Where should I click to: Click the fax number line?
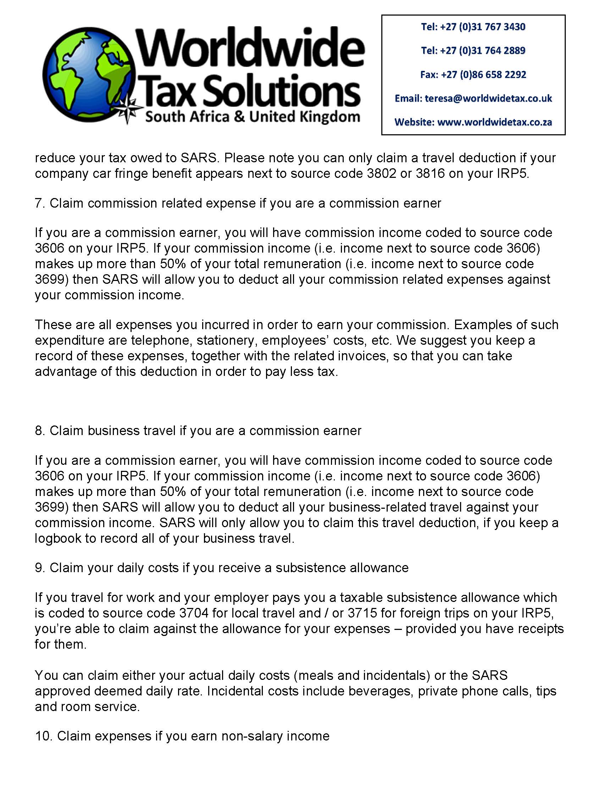(473, 75)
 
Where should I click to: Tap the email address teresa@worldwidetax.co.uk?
(488, 98)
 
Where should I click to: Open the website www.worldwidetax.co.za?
(494, 122)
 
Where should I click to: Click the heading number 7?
(39, 203)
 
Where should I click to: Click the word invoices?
(361, 356)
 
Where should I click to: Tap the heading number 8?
(39, 430)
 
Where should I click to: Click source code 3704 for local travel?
(194, 613)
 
